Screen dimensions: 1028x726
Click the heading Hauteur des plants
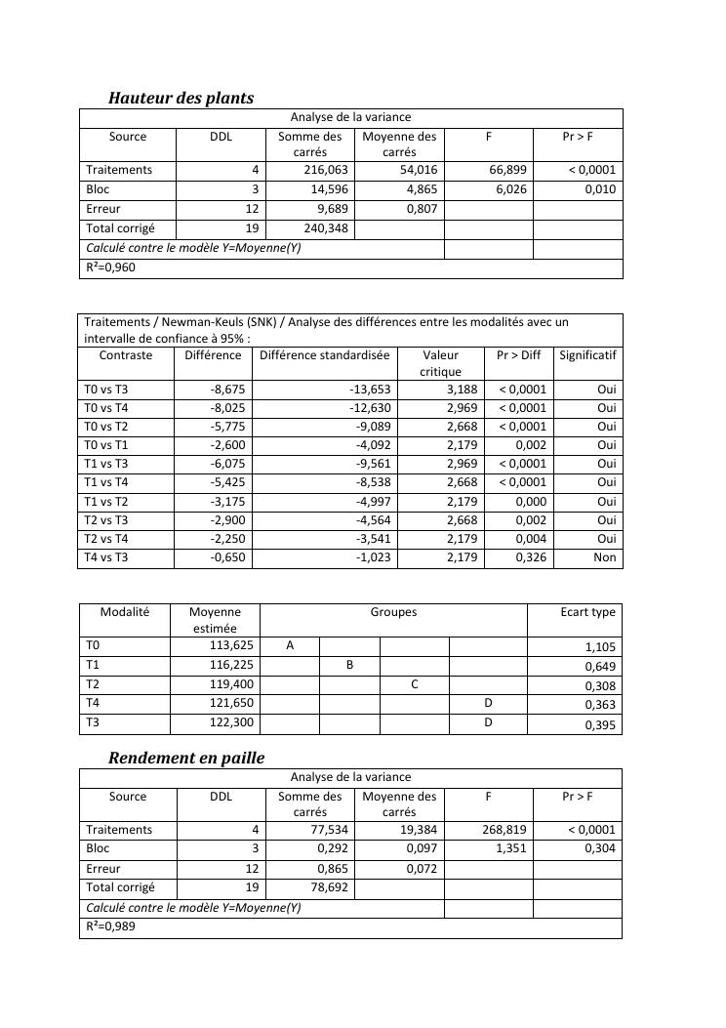181,98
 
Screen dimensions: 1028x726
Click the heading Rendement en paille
186,758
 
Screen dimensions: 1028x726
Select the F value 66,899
507,170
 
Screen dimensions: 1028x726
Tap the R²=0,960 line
111,267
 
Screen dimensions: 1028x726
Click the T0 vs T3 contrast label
106,390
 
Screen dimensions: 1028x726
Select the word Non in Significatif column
605,558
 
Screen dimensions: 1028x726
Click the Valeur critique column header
440,363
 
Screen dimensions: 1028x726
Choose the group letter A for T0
289,645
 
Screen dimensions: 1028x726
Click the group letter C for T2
414,684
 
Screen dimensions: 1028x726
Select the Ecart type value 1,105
600,647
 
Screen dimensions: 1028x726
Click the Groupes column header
393,612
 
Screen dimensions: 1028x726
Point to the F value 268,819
504,830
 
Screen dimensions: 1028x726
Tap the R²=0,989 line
111,926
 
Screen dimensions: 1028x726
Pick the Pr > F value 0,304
600,849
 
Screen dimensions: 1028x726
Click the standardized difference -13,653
370,390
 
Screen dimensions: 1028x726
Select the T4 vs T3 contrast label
106,558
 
